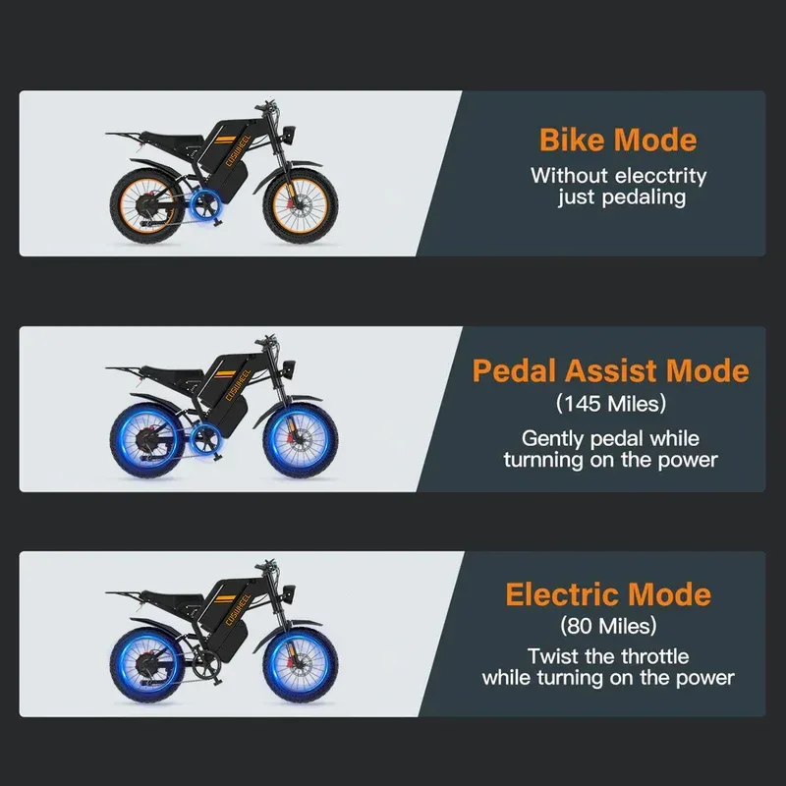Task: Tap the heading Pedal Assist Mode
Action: [x=610, y=370]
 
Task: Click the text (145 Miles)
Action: [x=610, y=403]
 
